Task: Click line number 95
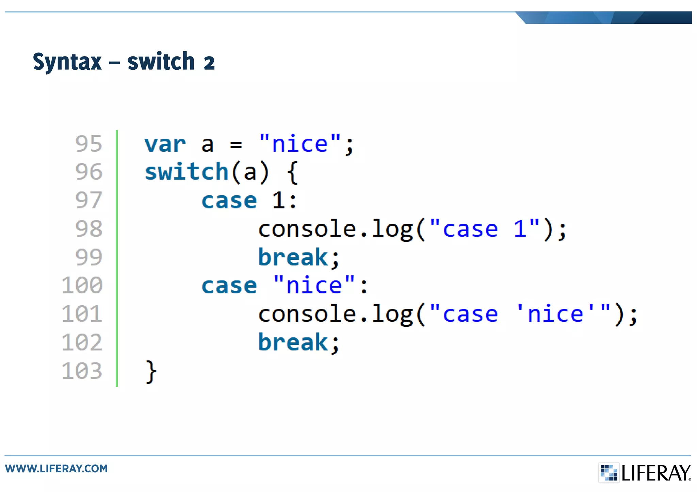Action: coord(88,144)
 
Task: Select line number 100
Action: coord(82,285)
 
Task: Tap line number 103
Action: coord(82,371)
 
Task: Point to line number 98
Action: coord(88,229)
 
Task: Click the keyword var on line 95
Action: coord(165,145)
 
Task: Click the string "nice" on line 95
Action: coord(299,144)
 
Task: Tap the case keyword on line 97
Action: coord(229,201)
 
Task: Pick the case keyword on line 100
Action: coord(229,286)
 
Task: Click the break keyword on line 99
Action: coord(293,257)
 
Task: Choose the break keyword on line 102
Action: coord(293,342)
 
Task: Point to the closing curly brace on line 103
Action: coord(151,372)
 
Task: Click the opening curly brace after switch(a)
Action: coord(293,173)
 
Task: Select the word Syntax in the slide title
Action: coord(67,62)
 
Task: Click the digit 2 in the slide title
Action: coord(209,63)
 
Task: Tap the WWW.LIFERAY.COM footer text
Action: coord(56,469)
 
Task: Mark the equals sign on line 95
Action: coord(236,145)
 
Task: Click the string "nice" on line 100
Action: coord(314,285)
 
